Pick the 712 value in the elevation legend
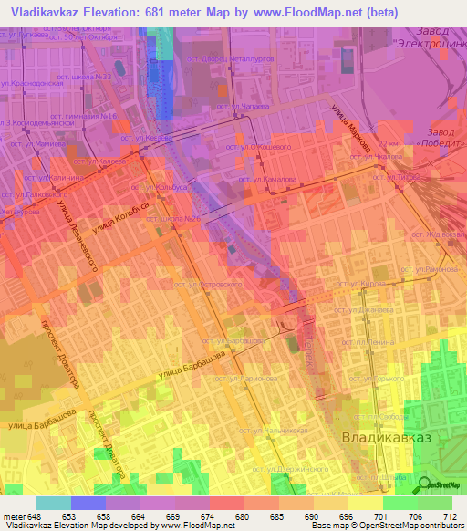(x=445, y=516)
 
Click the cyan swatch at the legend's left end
(x=54, y=503)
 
